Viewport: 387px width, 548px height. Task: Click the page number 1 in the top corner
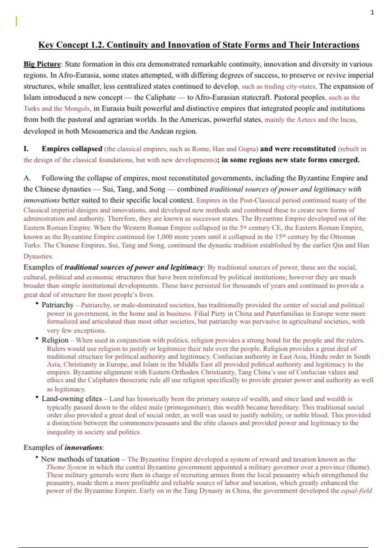click(372, 13)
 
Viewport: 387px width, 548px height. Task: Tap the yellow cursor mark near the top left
click(16, 21)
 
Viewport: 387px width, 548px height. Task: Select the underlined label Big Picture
click(42, 64)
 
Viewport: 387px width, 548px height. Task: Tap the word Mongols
click(77, 109)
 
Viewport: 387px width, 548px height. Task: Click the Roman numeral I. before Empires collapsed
click(26, 149)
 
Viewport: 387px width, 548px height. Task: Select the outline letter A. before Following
click(27, 178)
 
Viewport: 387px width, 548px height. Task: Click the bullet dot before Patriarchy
click(37, 304)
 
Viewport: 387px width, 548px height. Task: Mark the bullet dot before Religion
click(37, 339)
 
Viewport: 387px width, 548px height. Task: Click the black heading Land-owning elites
click(72, 399)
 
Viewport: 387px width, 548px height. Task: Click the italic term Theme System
click(66, 467)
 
